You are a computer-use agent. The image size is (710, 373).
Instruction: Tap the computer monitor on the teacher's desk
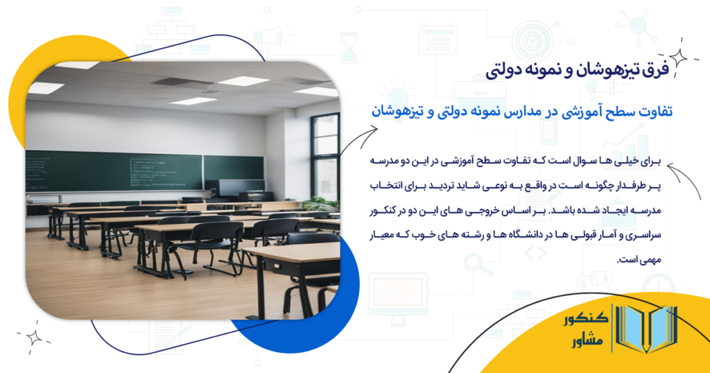(231, 188)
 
